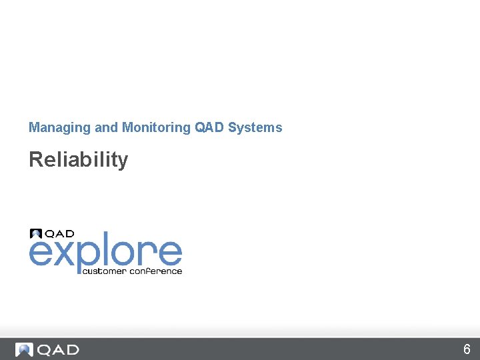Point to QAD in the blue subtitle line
(x=209, y=127)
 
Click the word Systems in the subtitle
(x=255, y=127)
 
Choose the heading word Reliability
(x=78, y=160)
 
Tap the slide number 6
(x=467, y=349)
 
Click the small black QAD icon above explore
(x=36, y=233)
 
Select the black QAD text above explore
(x=59, y=233)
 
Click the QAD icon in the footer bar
(x=24, y=349)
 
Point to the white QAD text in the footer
(x=58, y=349)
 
